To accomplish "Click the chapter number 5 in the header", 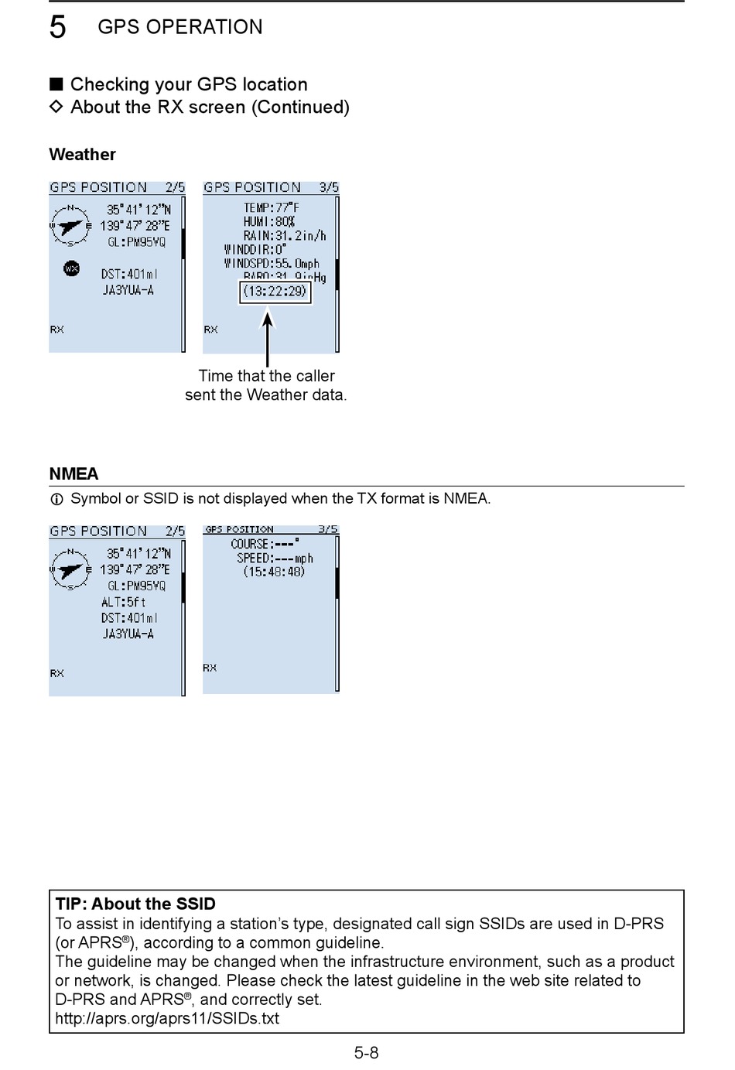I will pos(58,27).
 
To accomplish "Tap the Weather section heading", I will pos(82,154).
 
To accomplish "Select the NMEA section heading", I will pos(73,473).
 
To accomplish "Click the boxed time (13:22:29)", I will pos(275,292).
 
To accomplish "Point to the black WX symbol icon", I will pos(71,268).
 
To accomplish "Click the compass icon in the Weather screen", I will pos(70,226).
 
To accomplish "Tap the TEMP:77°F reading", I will pos(271,207).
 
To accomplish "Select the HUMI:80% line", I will pos(268,221).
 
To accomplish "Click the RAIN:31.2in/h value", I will pos(284,235).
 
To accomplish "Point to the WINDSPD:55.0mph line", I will pos(272,263).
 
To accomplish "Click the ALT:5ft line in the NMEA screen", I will pos(123,602).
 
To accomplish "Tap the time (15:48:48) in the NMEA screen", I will pos(274,572).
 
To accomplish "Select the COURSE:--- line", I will pos(265,544).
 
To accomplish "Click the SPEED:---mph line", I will pos(275,558).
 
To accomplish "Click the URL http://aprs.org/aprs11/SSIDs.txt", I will pos(167,1018).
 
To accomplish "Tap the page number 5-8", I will pos(367,1052).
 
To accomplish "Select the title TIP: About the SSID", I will pos(135,904).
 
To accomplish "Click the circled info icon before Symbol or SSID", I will pos(56,500).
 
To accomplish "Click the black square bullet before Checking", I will pos(56,84).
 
